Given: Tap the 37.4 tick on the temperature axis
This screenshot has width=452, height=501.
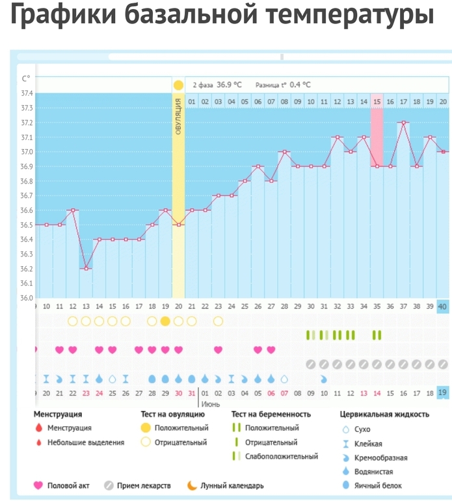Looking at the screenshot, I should [x=27, y=93].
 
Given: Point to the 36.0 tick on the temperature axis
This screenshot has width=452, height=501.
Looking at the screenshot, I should [x=27, y=298].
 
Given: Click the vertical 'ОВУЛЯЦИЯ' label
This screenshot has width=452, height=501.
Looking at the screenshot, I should [x=178, y=118].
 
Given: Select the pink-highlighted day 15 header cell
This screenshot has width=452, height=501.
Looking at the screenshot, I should [x=377, y=102].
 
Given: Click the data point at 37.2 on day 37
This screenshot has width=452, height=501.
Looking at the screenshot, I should [x=403, y=122].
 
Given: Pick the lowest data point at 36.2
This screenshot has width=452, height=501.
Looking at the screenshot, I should [x=86, y=269].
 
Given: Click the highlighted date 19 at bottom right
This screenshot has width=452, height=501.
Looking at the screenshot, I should [x=442, y=393].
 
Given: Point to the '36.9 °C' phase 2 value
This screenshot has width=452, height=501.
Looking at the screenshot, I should [x=229, y=85].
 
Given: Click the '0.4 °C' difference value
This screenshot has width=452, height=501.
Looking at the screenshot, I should [x=300, y=85].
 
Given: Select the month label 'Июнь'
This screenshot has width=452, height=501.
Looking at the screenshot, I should [x=209, y=404].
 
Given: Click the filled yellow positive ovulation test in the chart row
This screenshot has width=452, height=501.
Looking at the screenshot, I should [x=165, y=321].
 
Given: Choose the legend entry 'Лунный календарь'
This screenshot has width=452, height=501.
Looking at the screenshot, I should [x=232, y=485].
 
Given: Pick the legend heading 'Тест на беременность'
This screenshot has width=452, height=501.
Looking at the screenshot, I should [x=271, y=414].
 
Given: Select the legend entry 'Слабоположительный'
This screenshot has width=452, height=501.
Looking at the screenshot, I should [x=282, y=456].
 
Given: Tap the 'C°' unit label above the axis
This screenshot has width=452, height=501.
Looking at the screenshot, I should [x=26, y=79].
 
